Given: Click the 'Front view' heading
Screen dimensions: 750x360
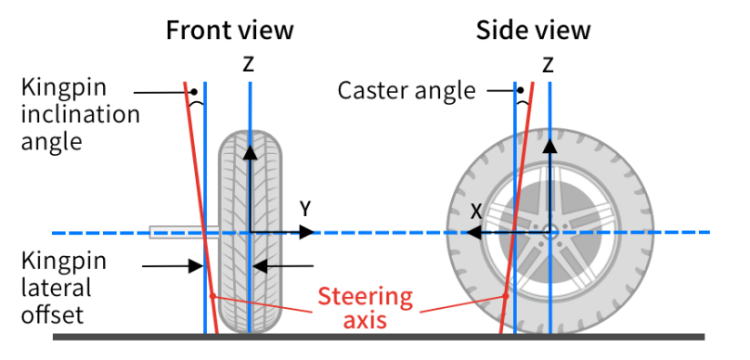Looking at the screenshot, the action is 229,31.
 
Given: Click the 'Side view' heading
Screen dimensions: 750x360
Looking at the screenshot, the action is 534,31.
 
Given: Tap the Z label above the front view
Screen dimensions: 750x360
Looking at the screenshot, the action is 248,65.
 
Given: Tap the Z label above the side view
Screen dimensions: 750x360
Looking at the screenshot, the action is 548,65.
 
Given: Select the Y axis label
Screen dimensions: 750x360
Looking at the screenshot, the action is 305,210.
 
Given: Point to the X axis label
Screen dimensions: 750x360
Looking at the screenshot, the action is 475,212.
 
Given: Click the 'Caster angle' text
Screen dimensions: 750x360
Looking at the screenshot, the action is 407,90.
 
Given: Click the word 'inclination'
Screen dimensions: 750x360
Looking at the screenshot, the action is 81,114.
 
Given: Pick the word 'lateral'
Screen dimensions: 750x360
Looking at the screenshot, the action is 56,288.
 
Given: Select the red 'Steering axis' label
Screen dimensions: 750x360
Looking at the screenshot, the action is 366,307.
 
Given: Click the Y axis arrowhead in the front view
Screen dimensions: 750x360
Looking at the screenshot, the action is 306,232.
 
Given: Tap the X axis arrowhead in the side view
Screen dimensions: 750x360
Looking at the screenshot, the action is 473,233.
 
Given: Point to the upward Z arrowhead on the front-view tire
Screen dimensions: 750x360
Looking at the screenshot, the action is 250,152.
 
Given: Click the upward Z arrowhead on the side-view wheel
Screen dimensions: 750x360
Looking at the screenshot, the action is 550,146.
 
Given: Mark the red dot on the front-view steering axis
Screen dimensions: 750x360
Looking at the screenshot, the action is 213,296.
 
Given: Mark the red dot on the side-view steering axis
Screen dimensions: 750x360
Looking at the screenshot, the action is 505,296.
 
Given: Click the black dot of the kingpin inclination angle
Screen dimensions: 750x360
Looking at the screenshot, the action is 194,92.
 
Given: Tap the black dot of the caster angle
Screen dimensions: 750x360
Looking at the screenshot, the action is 521,90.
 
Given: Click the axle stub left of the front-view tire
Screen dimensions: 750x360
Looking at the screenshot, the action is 184,232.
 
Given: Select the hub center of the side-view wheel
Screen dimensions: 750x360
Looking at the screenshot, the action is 550,233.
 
